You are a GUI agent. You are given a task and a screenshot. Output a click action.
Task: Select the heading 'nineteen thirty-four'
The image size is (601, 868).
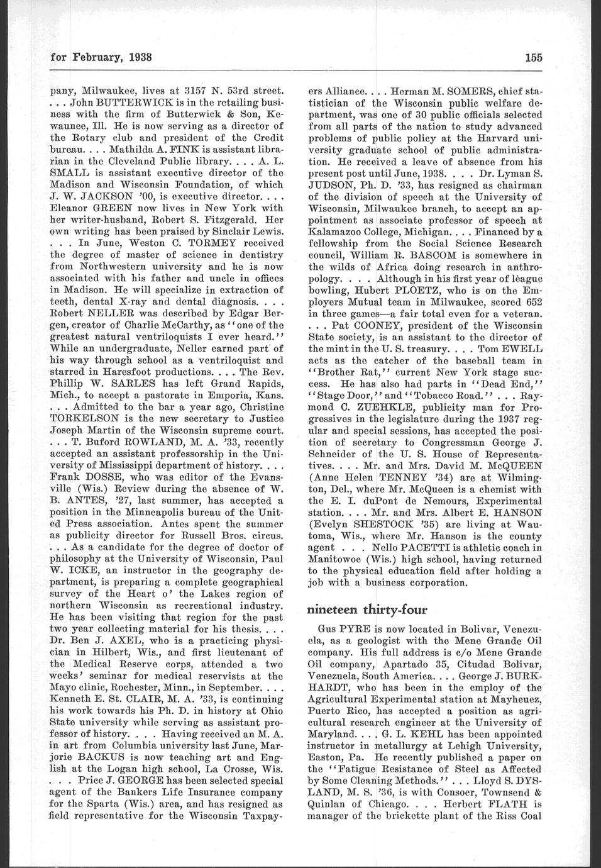tap(367, 609)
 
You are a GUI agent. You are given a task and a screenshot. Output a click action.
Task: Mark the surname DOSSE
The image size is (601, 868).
tap(102, 475)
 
